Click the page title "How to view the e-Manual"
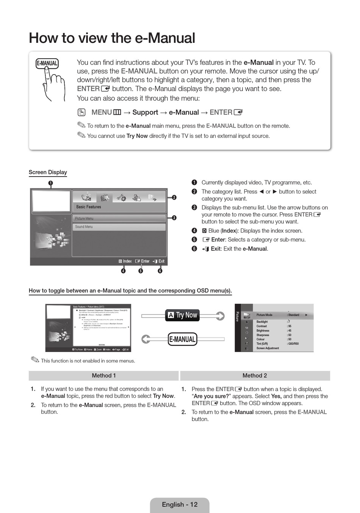tap(112, 38)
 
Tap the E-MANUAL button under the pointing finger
tap(47, 63)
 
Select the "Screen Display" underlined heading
tap(48, 172)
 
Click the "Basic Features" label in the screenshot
tap(89, 207)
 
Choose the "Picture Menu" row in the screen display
tap(119, 219)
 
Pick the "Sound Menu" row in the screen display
tap(119, 227)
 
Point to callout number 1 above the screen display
tap(50, 183)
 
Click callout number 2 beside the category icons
tap(174, 197)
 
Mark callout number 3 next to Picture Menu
tap(174, 218)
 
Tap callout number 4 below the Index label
tap(124, 271)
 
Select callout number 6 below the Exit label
tap(160, 271)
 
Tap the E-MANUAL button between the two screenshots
tap(182, 339)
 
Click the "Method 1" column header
tap(103, 375)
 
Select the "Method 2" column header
tap(255, 375)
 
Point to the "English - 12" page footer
tap(180, 505)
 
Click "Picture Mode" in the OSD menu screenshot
tap(265, 315)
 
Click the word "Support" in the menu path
tap(145, 113)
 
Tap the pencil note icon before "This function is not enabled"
tap(35, 360)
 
